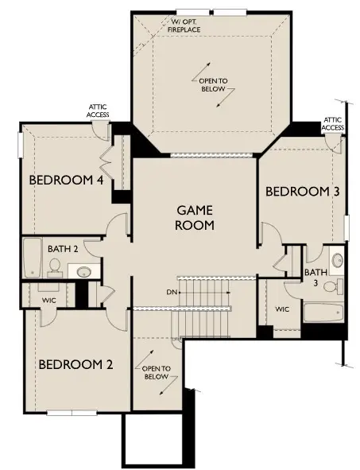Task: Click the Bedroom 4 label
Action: coord(66,181)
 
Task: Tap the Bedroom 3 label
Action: coord(303,192)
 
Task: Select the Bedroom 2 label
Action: coord(75,364)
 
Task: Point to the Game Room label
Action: coord(195,218)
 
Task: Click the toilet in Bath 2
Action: coord(55,268)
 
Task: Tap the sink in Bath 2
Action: coord(84,271)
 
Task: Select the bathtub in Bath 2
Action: coord(32,258)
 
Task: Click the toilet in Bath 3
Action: coord(333,286)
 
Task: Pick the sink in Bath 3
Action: coord(338,260)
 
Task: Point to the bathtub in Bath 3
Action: coord(323,313)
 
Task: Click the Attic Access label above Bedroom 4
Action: coord(98,111)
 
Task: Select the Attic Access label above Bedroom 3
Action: coord(333,123)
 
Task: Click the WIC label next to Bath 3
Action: coord(282,309)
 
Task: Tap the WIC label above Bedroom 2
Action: coord(48,300)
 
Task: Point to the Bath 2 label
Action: coord(63,249)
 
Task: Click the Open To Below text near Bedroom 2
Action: coord(156,373)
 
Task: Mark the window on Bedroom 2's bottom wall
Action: coord(72,413)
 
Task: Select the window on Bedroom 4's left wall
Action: coord(21,145)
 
